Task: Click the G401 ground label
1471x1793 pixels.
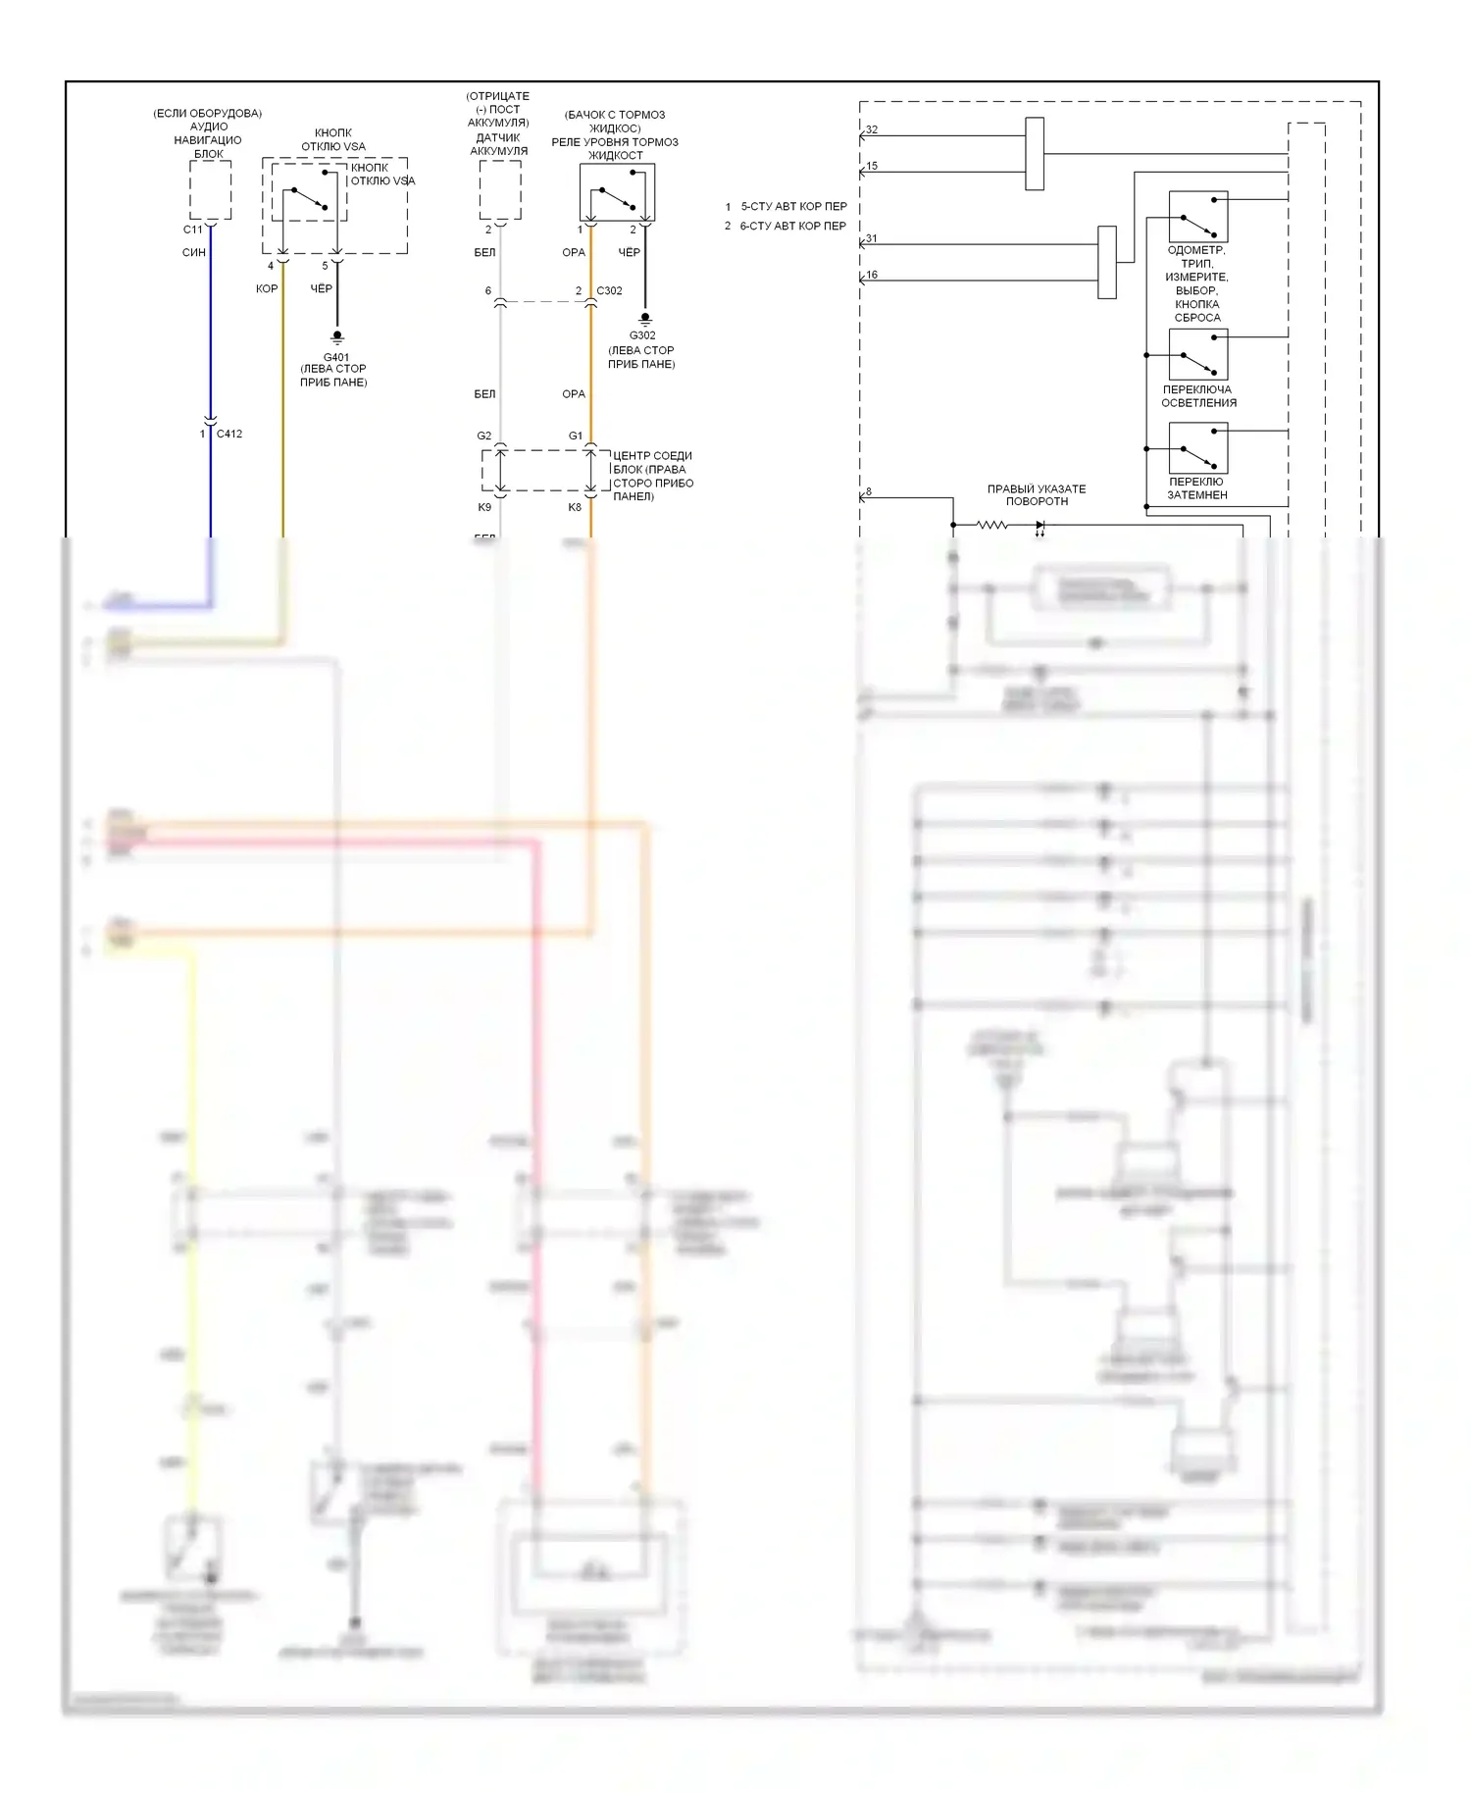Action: click(336, 357)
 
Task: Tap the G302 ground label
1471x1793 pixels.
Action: click(642, 335)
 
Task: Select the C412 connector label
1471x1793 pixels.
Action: click(229, 434)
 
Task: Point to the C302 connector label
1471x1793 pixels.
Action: click(609, 290)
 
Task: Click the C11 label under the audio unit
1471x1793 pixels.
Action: click(192, 230)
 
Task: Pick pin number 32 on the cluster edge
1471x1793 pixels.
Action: click(872, 129)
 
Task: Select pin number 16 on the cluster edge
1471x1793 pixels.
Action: click(872, 275)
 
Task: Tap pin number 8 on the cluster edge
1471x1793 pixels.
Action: click(868, 491)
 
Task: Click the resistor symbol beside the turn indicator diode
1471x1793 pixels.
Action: click(992, 526)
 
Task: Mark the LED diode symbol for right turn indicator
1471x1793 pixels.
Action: click(1040, 526)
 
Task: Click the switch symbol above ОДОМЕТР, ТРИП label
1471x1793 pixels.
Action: click(1198, 217)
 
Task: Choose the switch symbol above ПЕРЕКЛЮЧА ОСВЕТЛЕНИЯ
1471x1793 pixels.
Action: click(1198, 354)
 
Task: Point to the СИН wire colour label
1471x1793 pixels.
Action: click(194, 252)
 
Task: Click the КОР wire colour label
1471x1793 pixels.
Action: click(267, 288)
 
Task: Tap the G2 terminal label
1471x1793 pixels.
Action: click(483, 435)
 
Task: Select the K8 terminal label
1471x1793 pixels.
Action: click(575, 507)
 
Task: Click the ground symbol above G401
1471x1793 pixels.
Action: click(337, 336)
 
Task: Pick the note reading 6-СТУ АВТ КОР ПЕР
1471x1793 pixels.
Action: click(792, 226)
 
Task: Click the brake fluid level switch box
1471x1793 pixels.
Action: click(617, 192)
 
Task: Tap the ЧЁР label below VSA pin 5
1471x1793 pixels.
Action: click(322, 288)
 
